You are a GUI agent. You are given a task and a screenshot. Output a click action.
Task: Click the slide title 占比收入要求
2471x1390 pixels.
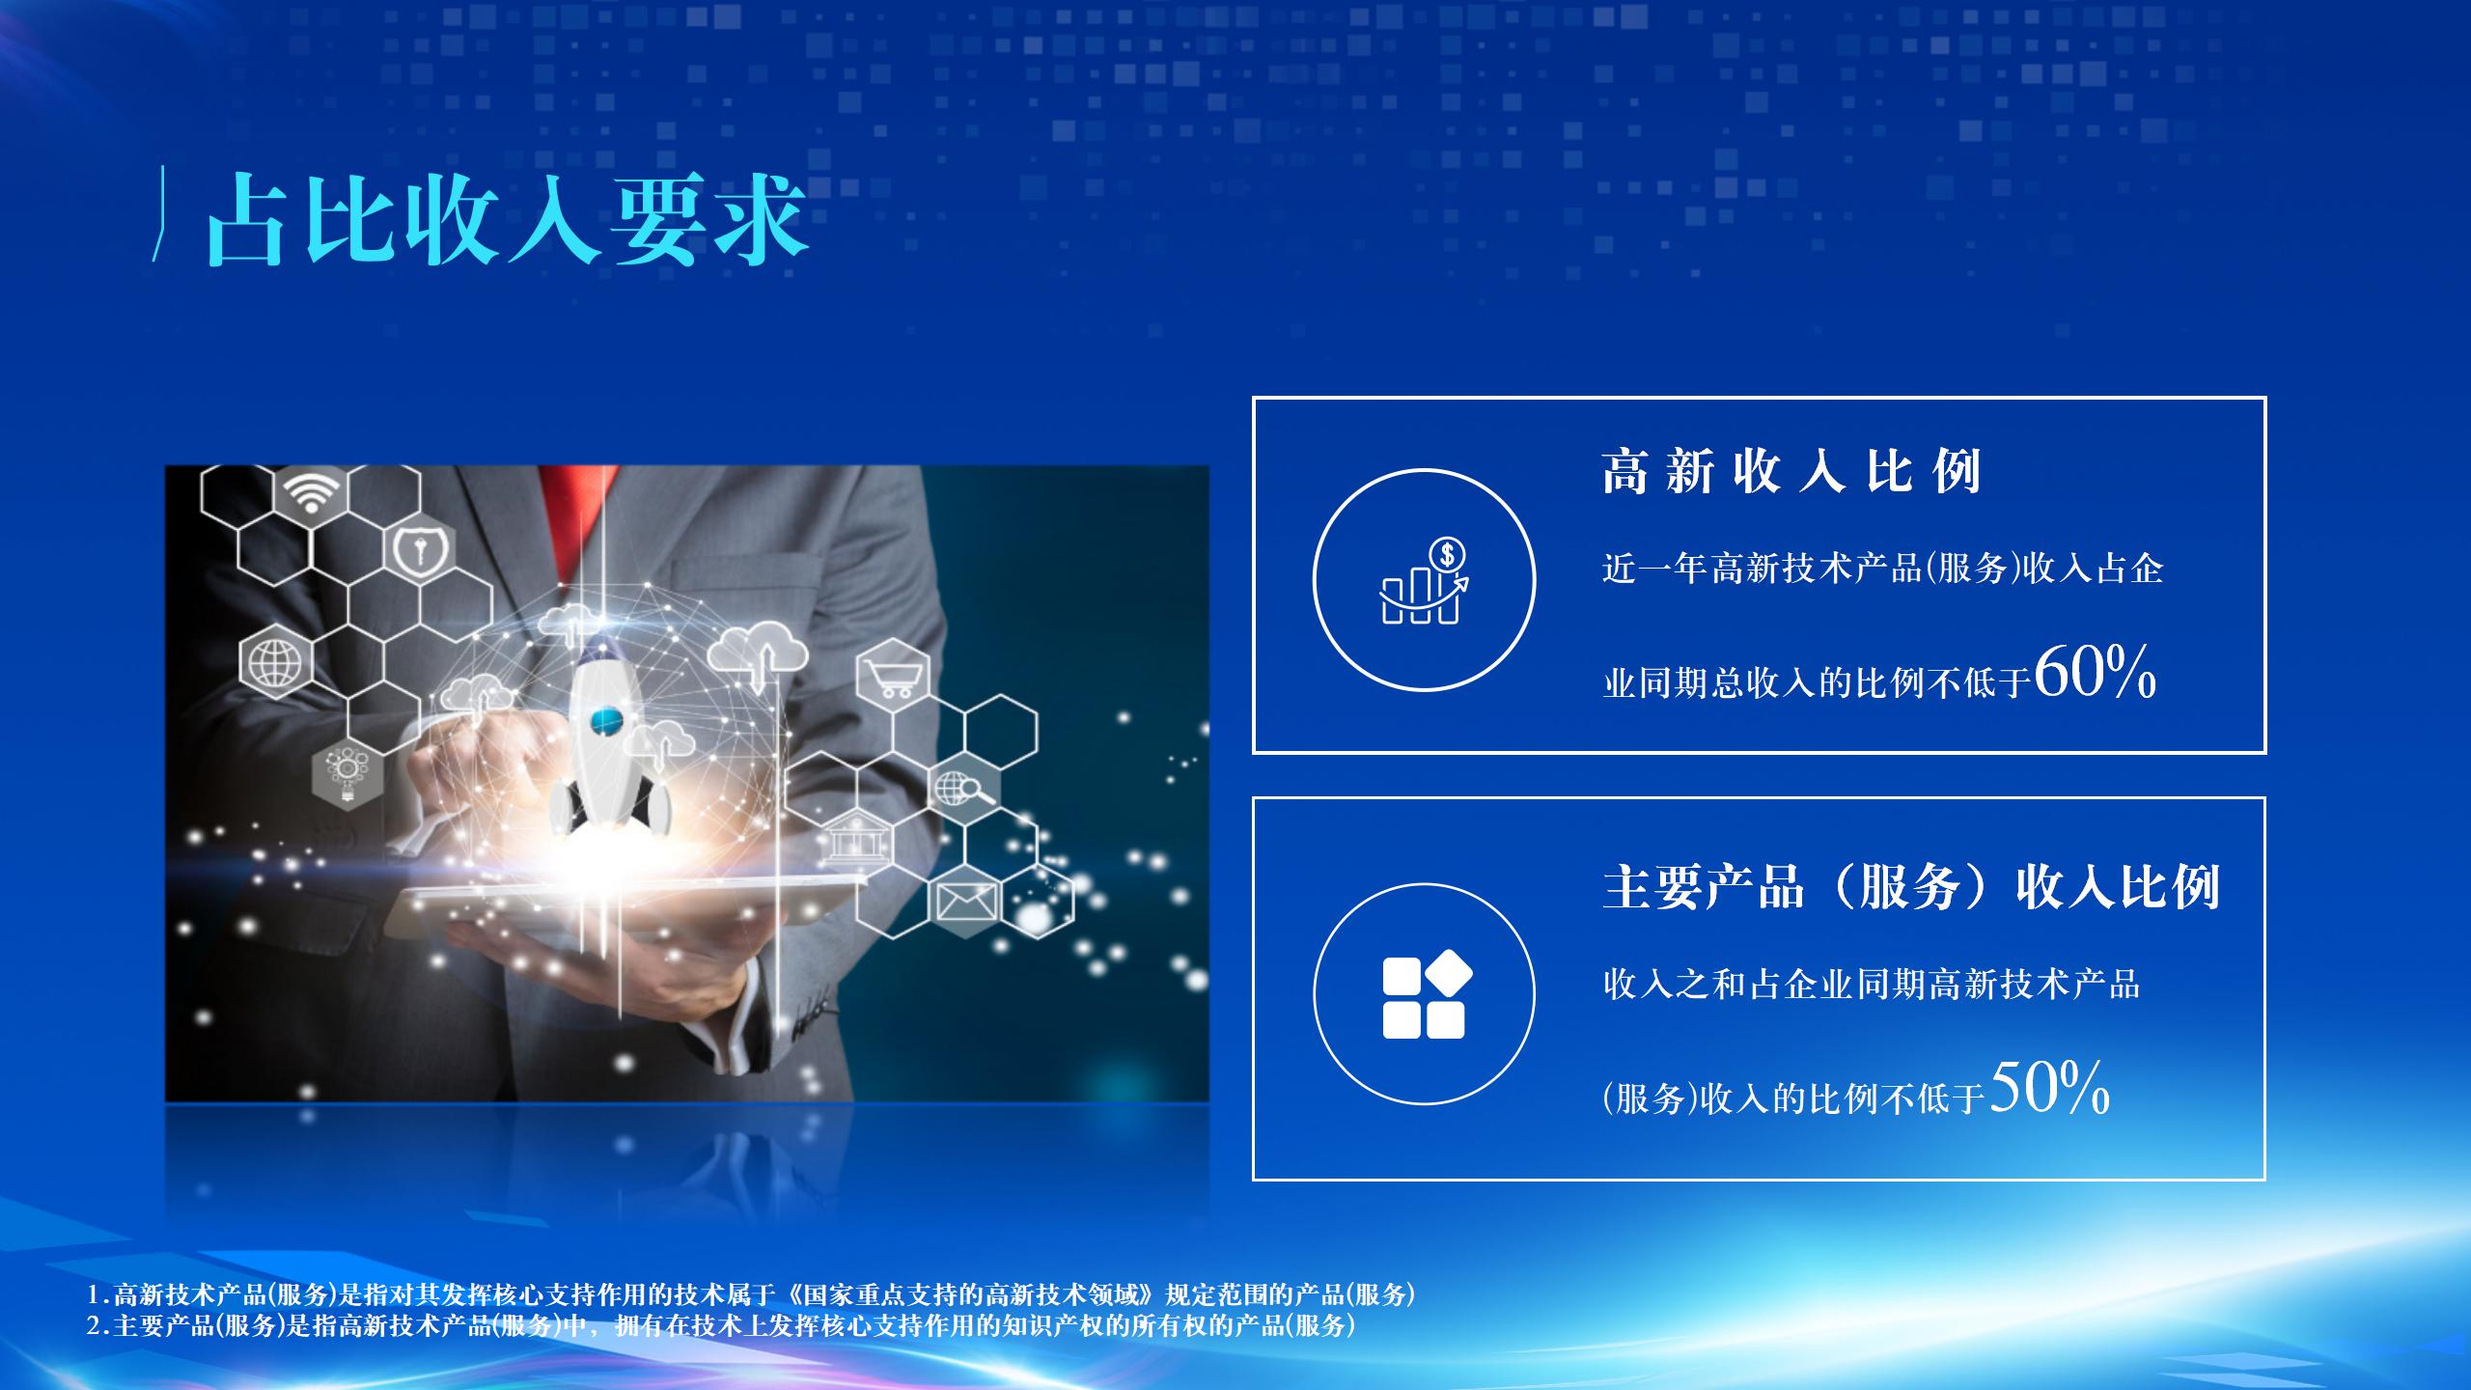click(507, 219)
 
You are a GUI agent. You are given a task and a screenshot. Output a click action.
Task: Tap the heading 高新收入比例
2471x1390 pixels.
click(1791, 472)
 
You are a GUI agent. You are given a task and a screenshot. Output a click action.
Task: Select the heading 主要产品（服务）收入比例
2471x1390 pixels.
click(1911, 886)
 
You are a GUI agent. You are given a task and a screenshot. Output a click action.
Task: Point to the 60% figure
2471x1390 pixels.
click(2095, 672)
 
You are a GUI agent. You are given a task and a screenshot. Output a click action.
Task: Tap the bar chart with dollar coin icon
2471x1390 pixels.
click(1425, 580)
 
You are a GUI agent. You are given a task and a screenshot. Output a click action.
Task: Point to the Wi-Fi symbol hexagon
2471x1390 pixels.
click(310, 495)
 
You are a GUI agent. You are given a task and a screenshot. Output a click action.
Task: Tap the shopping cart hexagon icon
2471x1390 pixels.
click(892, 672)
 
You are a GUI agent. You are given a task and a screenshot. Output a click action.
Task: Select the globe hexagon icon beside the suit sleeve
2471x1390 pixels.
click(275, 661)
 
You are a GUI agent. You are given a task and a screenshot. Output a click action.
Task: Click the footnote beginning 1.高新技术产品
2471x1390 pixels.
click(752, 1293)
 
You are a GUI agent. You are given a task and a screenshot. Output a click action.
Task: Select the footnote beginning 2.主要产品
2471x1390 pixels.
click(721, 1325)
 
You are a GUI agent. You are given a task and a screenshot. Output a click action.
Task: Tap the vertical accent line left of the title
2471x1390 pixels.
click(157, 213)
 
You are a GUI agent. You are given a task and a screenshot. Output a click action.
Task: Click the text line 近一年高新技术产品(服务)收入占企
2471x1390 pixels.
click(1882, 569)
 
